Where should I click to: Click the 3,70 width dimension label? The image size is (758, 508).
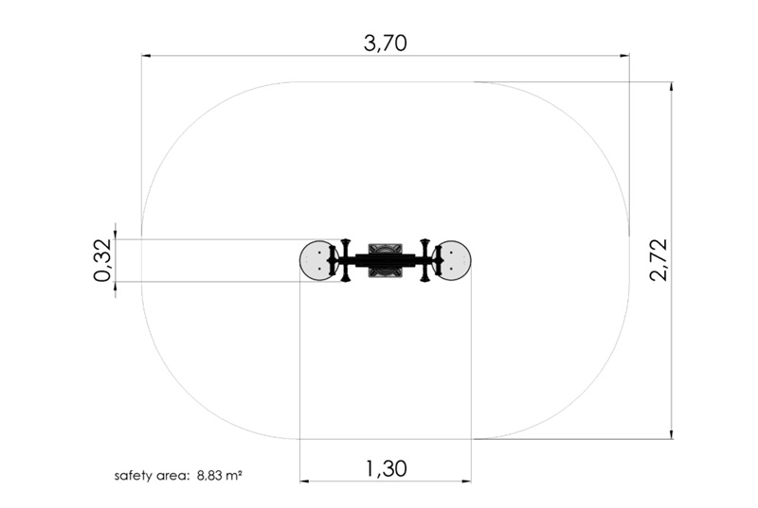386,43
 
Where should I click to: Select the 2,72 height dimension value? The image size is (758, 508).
659,260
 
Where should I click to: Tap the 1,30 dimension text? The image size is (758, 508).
386,468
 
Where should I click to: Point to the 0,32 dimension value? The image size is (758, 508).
103,260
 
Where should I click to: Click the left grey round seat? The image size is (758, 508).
316,260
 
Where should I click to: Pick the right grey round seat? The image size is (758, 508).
455,260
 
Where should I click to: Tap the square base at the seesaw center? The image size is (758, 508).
386,260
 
